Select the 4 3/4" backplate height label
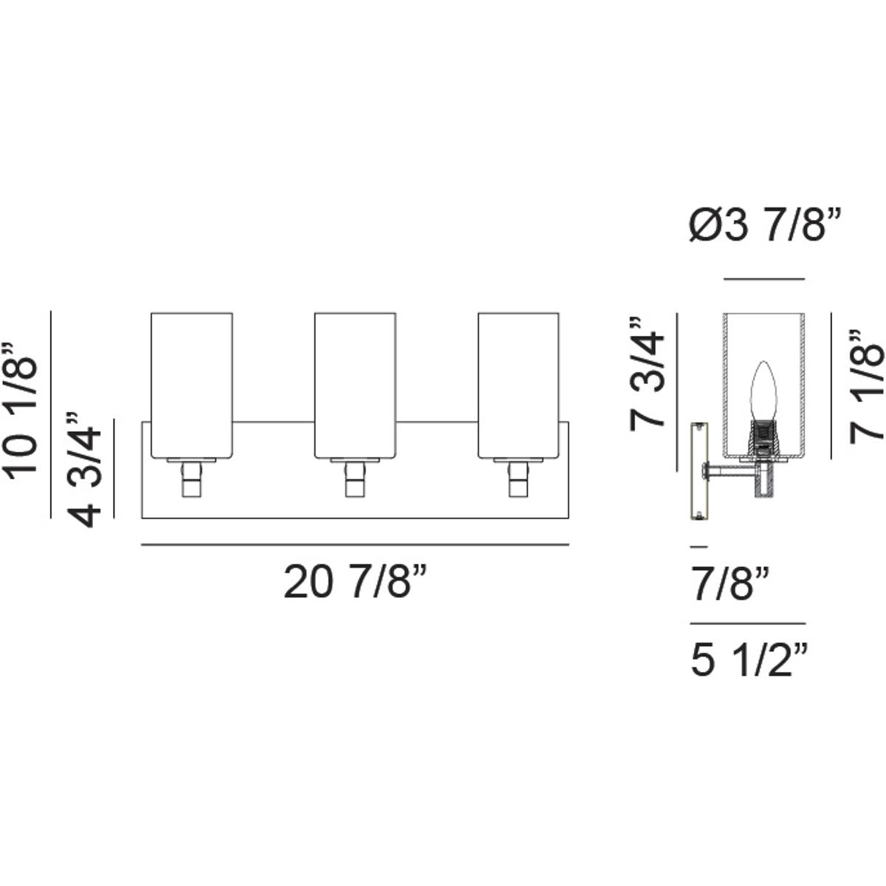point(83,470)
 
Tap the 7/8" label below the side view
point(730,584)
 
